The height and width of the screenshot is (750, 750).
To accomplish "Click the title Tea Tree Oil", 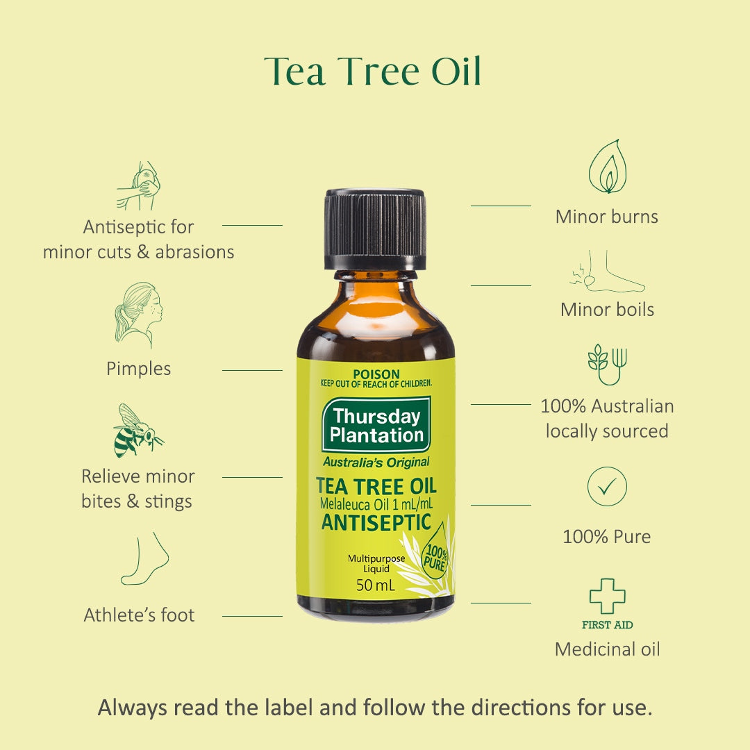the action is (x=372, y=72).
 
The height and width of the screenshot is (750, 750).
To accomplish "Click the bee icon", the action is (x=138, y=431).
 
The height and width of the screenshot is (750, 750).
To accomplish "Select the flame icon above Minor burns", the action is (x=608, y=166).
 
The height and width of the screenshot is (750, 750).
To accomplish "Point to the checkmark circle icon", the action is (x=607, y=486).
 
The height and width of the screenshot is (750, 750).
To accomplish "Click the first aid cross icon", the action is (x=608, y=596).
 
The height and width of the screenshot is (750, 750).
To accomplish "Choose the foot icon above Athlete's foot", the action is (x=144, y=558).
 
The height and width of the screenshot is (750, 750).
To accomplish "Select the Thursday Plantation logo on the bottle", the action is (x=376, y=425).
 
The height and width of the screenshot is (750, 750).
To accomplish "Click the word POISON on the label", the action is (x=376, y=374).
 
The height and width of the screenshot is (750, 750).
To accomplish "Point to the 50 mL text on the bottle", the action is (x=376, y=585).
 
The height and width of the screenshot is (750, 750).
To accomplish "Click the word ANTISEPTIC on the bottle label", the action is (x=376, y=522).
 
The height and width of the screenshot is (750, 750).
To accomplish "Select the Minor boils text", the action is (x=607, y=310).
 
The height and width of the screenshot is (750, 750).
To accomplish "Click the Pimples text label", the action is (x=139, y=369).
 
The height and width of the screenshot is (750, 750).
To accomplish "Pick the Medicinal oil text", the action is (x=608, y=649).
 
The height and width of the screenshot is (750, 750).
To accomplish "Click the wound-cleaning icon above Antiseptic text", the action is (x=139, y=185).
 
